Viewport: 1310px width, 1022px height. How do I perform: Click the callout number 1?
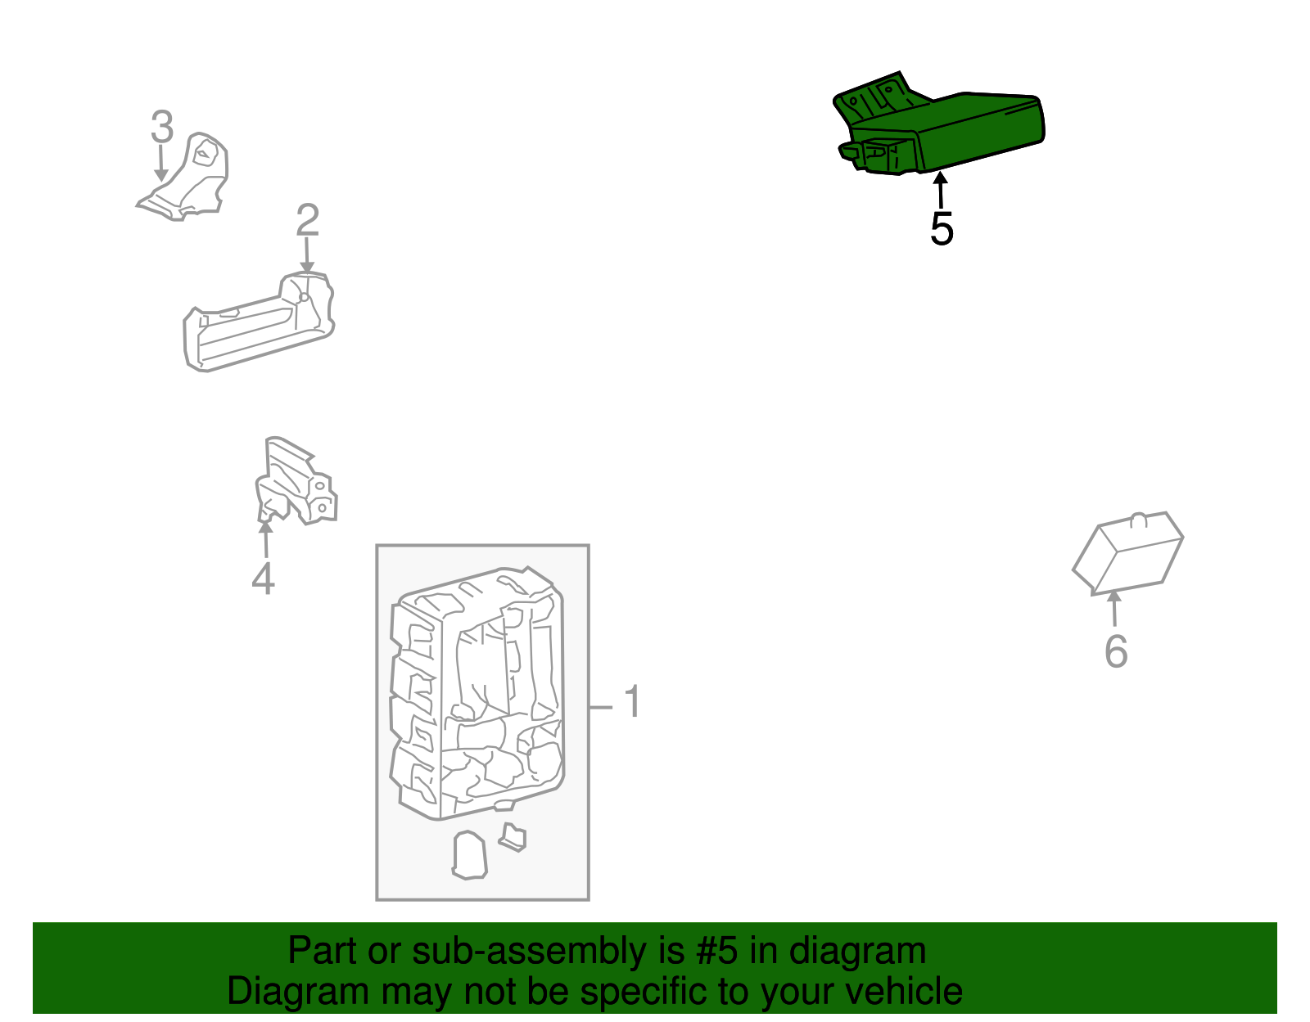(x=632, y=701)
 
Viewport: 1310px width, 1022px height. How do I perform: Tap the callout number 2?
(x=308, y=220)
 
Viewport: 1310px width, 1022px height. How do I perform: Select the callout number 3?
(x=162, y=127)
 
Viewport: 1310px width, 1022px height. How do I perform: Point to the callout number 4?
(x=264, y=579)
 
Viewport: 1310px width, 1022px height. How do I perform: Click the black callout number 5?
(x=942, y=229)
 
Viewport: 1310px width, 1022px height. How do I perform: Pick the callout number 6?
(x=1116, y=651)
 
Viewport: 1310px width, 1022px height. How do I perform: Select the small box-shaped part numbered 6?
(x=1128, y=554)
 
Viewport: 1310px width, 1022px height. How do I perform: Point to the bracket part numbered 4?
(x=296, y=482)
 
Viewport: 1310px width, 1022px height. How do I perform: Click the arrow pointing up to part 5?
(x=941, y=190)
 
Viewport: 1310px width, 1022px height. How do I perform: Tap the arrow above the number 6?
(x=1114, y=608)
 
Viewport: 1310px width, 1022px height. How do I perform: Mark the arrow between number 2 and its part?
(x=307, y=255)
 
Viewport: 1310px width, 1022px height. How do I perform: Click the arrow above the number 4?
(x=265, y=539)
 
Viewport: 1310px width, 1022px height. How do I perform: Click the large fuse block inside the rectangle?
(x=477, y=692)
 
